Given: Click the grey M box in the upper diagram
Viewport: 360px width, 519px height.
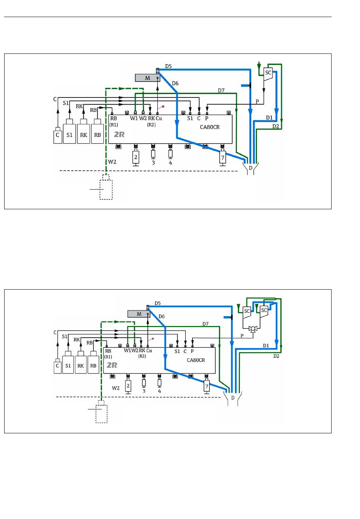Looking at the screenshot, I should [x=147, y=78].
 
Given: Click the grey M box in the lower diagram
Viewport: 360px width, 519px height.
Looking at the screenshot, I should [x=139, y=314].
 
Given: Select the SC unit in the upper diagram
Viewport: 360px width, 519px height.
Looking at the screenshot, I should [x=268, y=73].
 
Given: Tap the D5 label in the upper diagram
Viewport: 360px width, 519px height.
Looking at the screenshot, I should [x=168, y=66].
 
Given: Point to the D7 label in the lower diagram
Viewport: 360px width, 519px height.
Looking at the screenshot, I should [x=205, y=324].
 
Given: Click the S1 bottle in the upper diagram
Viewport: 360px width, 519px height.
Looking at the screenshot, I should [x=69, y=133].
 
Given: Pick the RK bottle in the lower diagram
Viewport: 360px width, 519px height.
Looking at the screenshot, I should [x=81, y=365].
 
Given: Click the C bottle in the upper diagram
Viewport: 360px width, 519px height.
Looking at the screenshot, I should [x=58, y=135].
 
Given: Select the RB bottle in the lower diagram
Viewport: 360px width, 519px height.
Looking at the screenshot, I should [x=93, y=365].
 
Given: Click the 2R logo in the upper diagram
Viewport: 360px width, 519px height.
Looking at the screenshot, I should [x=119, y=135].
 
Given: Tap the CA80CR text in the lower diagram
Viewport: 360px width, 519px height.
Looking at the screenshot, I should [x=196, y=360].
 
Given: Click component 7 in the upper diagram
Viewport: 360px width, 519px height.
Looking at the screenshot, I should [x=223, y=157].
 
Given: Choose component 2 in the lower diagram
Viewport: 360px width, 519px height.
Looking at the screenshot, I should [x=128, y=386].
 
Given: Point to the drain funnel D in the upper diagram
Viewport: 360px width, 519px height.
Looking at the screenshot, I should [x=250, y=167].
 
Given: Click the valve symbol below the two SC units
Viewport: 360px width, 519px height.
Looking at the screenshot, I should [x=253, y=329].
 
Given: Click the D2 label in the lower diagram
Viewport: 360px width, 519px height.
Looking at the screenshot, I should [x=276, y=356].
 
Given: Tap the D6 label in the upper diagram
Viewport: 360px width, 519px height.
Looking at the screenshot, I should [x=175, y=83].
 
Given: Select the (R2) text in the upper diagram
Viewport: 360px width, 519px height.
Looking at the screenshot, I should [x=152, y=124].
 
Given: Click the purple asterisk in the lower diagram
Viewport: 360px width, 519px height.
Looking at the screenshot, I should [x=153, y=339].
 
